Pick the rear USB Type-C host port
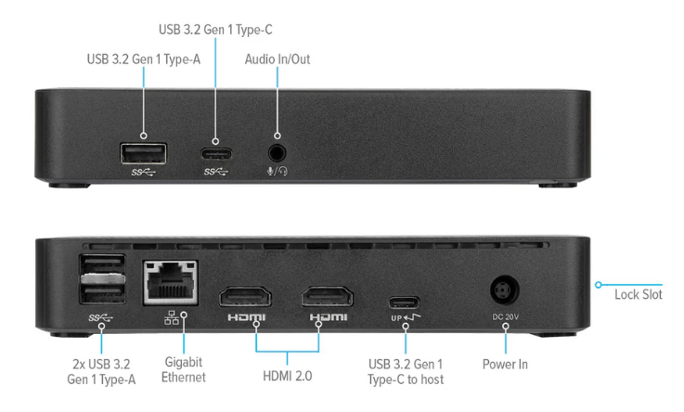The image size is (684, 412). pyautogui.click(x=404, y=302)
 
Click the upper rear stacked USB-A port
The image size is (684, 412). pyautogui.click(x=97, y=268)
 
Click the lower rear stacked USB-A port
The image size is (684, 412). pyautogui.click(x=97, y=293)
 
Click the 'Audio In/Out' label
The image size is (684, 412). pyautogui.click(x=277, y=59)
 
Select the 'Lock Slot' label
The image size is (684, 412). pyautogui.click(x=638, y=295)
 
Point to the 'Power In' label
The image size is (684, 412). pyautogui.click(x=506, y=364)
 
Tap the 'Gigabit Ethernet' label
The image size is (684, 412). pyautogui.click(x=183, y=369)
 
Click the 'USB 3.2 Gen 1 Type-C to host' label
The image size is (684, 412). pyautogui.click(x=406, y=370)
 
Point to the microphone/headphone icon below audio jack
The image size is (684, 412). pyautogui.click(x=277, y=173)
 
